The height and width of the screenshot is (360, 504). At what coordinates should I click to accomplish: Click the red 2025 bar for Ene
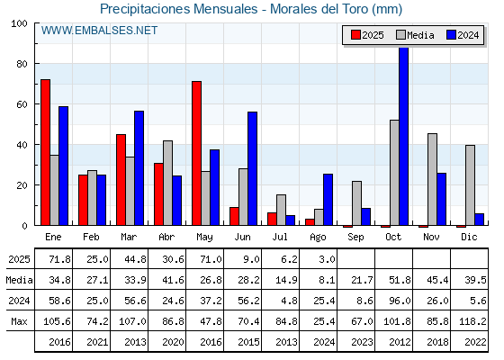(45, 152)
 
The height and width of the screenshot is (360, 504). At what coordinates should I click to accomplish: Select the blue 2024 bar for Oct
(403, 136)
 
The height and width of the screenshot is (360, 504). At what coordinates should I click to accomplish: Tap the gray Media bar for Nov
(432, 179)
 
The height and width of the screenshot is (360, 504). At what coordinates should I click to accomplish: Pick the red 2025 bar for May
(197, 153)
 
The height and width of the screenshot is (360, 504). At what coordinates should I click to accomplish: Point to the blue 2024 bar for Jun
(252, 168)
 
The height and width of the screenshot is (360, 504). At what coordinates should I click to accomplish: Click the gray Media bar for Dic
(470, 185)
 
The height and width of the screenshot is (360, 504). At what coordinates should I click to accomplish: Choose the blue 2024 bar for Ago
(328, 200)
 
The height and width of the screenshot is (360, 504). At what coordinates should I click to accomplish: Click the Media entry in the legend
(415, 35)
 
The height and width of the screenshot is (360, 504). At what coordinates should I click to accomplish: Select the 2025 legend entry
(367, 35)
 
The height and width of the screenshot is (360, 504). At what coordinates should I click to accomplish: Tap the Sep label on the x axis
(355, 237)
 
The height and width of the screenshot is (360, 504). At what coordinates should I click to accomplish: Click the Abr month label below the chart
(166, 237)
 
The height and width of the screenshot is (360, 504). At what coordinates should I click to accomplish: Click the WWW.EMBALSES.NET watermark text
(99, 31)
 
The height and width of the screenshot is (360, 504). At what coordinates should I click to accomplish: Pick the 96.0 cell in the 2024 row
(400, 301)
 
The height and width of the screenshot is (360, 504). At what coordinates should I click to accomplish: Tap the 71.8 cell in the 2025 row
(59, 259)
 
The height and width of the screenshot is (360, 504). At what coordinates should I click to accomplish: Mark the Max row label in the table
(19, 321)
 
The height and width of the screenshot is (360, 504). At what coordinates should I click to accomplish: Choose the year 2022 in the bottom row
(475, 342)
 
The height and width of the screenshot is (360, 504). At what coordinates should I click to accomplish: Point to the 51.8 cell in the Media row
(400, 280)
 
